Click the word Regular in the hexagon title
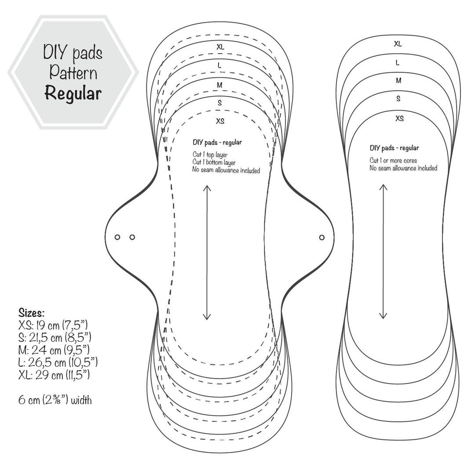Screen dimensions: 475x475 [x=73, y=93]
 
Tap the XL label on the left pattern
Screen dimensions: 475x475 [x=219, y=46]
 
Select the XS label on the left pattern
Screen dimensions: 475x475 [x=219, y=121]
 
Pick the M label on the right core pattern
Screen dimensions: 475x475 [x=398, y=80]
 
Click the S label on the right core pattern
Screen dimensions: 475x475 [x=398, y=99]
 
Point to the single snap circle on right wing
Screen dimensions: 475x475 [x=322, y=237]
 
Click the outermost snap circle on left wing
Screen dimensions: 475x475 [x=117, y=237]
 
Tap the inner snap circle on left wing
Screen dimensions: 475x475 [x=132, y=237]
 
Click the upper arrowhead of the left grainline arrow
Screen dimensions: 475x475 [x=207, y=188]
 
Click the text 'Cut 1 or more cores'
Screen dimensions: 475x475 [x=393, y=161]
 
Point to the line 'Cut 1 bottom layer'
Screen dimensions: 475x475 [x=214, y=163]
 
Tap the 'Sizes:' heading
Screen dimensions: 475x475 [x=31, y=313]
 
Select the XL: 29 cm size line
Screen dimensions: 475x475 [x=54, y=375]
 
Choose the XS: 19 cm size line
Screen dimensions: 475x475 [x=53, y=326]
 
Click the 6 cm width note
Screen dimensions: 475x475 [x=55, y=400]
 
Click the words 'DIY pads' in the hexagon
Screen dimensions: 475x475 [x=73, y=54]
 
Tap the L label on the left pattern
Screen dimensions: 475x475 [x=219, y=65]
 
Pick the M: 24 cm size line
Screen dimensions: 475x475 [x=54, y=351]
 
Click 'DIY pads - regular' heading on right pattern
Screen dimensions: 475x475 [x=394, y=148]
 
